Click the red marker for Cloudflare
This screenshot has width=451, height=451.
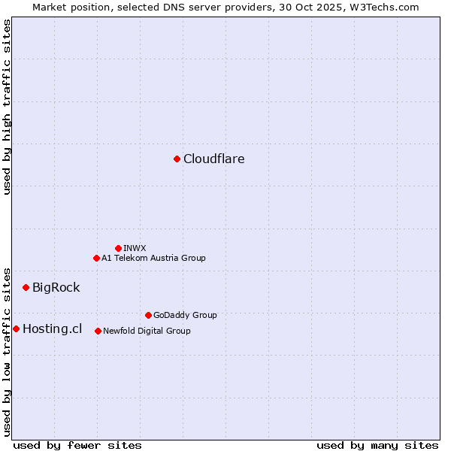[x=177, y=159]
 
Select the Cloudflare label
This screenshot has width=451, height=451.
[x=214, y=159]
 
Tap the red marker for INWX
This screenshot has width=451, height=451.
[x=118, y=248]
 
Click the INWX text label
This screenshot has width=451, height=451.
[x=135, y=248]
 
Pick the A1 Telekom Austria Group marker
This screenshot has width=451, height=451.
[x=96, y=258]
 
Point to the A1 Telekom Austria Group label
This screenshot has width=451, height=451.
[x=153, y=258]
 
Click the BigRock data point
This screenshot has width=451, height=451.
[x=26, y=287]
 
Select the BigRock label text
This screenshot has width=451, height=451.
[x=56, y=287]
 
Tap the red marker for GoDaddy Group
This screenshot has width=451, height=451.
[x=148, y=315]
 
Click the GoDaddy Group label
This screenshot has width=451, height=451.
[x=185, y=315]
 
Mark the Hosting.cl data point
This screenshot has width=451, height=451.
[x=16, y=328]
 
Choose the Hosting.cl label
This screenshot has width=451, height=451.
[x=52, y=328]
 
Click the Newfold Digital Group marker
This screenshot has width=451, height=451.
[x=98, y=331]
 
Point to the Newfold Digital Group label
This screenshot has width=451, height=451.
[x=147, y=331]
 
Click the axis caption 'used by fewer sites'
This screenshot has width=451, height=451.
[x=77, y=445]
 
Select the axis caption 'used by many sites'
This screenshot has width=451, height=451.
[x=377, y=445]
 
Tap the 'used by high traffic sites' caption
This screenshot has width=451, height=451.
[x=8, y=107]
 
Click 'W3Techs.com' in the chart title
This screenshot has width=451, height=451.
[x=386, y=7]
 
